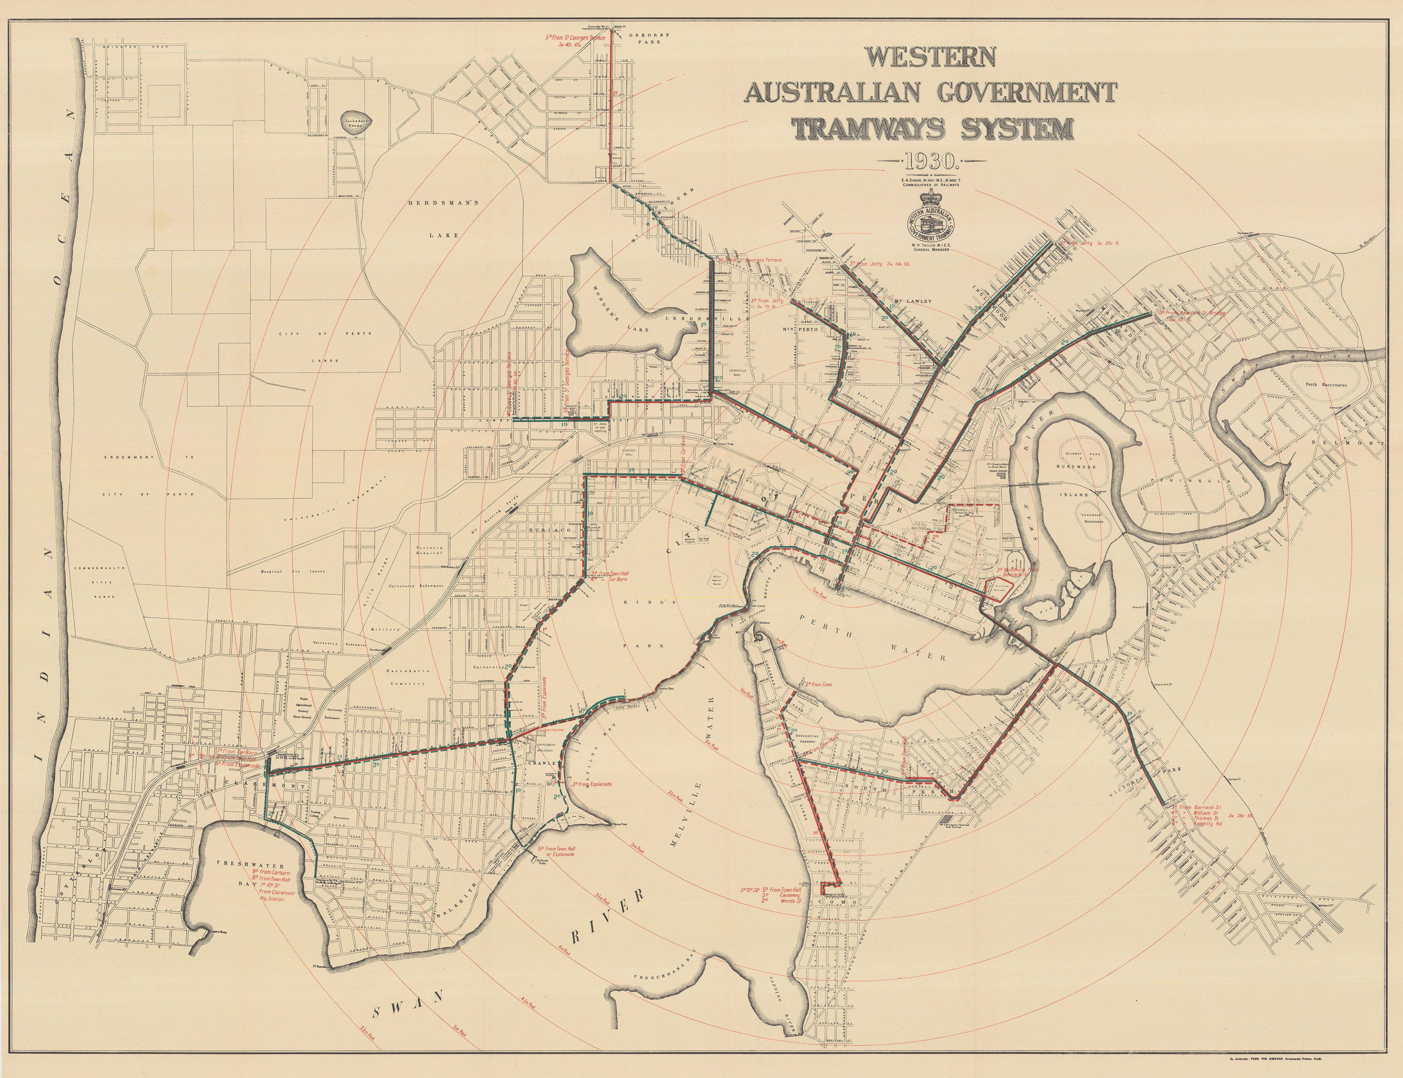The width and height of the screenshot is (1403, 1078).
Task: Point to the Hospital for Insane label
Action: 293,570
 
